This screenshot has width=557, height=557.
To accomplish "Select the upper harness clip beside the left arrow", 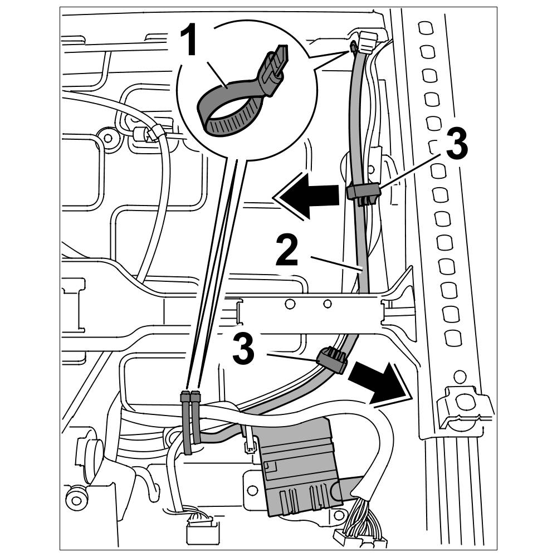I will [363, 193].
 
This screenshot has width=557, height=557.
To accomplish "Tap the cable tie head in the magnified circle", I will [274, 67].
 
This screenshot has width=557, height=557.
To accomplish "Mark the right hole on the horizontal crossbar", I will [328, 304].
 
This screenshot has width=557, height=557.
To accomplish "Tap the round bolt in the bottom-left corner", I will [76, 497].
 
